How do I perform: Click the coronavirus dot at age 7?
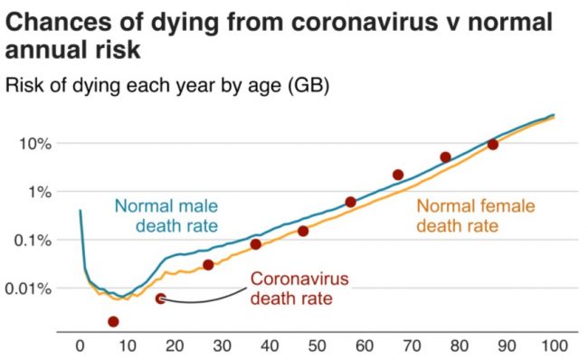coord(113,321)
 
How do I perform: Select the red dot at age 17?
coord(160,298)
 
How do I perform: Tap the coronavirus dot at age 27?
coord(208,265)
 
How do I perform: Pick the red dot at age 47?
coord(303,232)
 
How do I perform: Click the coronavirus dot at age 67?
coord(398,175)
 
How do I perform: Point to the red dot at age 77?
coord(445,157)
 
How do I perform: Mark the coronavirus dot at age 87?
coord(493,145)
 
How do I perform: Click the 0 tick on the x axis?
coord(80,346)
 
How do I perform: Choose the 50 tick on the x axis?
coord(317,346)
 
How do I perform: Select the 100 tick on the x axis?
coord(554,346)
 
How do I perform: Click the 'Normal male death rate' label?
coord(166,214)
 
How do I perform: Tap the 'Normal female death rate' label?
coord(476,214)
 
